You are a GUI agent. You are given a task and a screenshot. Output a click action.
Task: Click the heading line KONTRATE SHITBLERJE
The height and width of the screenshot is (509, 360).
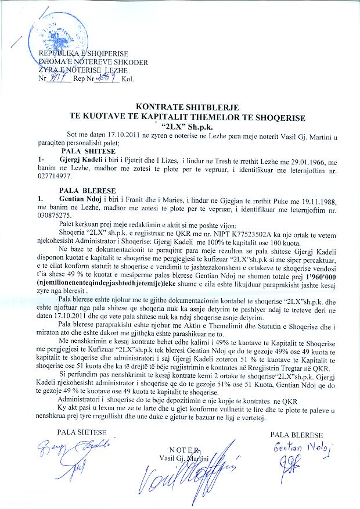[x=179, y=107]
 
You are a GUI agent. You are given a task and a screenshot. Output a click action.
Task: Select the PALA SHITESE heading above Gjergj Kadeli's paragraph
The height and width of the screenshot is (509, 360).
[x=83, y=150]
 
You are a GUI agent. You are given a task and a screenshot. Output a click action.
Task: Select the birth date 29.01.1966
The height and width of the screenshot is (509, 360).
[x=314, y=159]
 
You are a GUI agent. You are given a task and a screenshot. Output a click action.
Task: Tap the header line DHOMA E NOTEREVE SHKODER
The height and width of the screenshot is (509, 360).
[x=93, y=62]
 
